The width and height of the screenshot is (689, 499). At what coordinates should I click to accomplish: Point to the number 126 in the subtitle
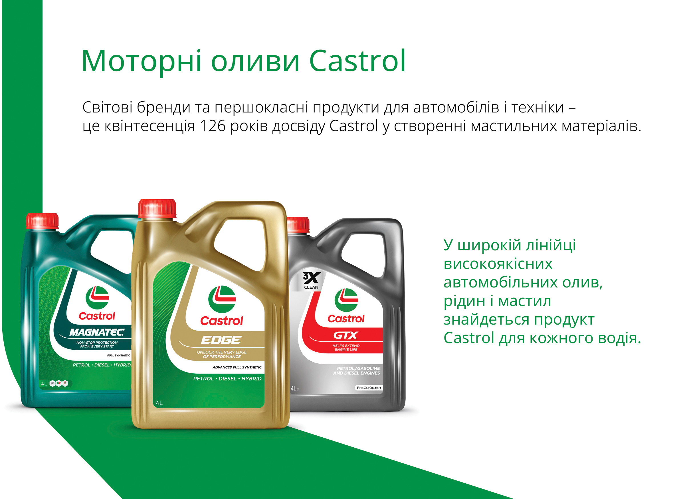(x=213, y=126)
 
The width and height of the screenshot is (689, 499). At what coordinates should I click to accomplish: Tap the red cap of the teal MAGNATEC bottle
(x=42, y=221)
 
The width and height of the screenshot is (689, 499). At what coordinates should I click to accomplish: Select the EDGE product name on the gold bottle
(x=221, y=340)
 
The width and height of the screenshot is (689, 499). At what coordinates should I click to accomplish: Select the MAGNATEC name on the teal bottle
(x=97, y=332)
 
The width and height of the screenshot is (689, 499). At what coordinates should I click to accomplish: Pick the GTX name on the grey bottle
(x=346, y=335)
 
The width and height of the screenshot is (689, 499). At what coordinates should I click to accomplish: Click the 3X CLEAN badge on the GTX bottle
(x=311, y=281)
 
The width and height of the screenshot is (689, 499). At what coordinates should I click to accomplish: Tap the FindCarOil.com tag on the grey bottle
(x=369, y=388)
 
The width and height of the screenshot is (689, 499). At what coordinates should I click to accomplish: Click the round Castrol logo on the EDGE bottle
(x=222, y=299)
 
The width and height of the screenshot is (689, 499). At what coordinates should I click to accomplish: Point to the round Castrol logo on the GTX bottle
(x=346, y=300)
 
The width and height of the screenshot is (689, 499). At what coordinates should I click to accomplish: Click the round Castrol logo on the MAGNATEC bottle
(x=97, y=298)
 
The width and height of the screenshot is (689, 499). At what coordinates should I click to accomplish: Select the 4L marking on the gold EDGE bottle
(x=159, y=403)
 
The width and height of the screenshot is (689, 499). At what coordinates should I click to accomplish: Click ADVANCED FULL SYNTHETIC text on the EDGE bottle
(x=237, y=367)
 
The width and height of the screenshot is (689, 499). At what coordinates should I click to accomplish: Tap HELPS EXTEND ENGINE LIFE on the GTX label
(x=346, y=348)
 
